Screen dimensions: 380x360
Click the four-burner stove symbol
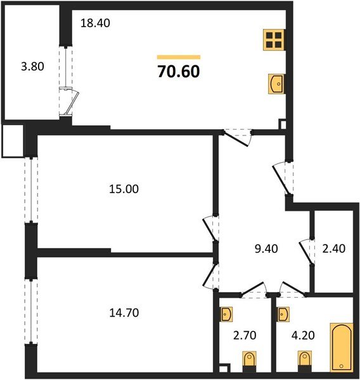click(x=273, y=40)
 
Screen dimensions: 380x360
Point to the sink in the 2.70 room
click(x=227, y=313)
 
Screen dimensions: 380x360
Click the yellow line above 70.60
click(x=178, y=57)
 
